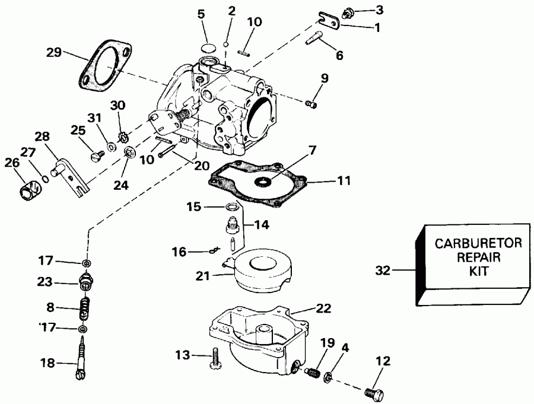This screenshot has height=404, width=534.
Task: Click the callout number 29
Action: (x=54, y=53)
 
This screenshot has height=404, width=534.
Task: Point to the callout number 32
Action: (x=383, y=271)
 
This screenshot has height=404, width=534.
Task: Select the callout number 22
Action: (x=324, y=308)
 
